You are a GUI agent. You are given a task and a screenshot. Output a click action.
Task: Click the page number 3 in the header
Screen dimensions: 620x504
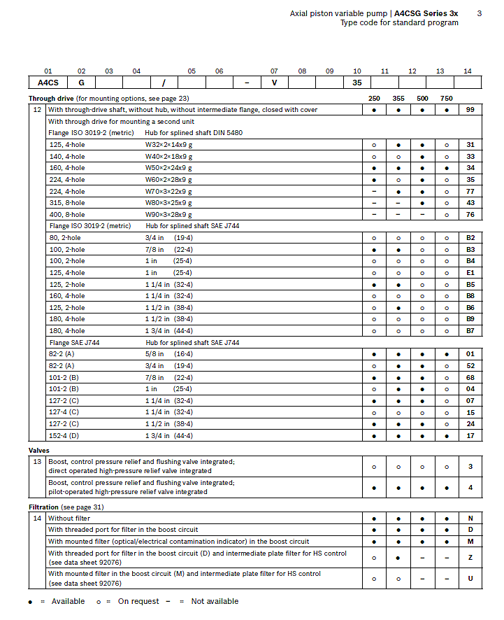[x=479, y=13]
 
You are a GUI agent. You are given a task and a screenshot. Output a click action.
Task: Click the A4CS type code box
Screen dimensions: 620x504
[x=48, y=83]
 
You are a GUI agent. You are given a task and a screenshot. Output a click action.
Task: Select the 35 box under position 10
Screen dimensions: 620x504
[x=357, y=83]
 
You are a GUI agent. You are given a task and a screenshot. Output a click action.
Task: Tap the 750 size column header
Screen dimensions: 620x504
[x=447, y=99]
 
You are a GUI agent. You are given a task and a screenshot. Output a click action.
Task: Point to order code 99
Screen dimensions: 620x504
[x=470, y=110]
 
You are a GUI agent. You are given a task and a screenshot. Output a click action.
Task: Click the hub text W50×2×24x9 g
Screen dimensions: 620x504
[x=168, y=168]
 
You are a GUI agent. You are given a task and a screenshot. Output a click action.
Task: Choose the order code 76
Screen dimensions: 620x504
[x=470, y=214]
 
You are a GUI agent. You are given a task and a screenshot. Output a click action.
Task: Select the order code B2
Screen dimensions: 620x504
[x=470, y=238]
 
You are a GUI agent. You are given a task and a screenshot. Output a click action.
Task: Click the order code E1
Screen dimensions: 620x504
[x=470, y=273]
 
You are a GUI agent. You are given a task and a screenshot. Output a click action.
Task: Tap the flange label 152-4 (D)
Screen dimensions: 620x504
[x=63, y=436]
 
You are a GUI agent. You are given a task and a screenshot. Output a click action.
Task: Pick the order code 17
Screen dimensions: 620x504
[x=470, y=436]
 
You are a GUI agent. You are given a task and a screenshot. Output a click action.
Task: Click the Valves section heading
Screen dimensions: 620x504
[x=38, y=451]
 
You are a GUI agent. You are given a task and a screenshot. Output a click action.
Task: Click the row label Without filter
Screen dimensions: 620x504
[x=69, y=519]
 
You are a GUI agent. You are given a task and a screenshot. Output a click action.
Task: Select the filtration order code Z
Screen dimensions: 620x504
[x=470, y=558]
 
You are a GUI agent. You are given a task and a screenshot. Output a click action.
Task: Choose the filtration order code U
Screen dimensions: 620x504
[x=470, y=579]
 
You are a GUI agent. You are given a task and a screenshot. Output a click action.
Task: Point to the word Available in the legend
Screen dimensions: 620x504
[x=69, y=602]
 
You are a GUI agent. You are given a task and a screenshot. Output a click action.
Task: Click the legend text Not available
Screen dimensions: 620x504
[x=215, y=602]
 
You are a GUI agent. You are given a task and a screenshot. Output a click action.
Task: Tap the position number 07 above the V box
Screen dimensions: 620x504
[x=274, y=71]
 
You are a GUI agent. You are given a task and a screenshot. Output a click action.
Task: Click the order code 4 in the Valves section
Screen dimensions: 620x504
[x=470, y=487]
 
